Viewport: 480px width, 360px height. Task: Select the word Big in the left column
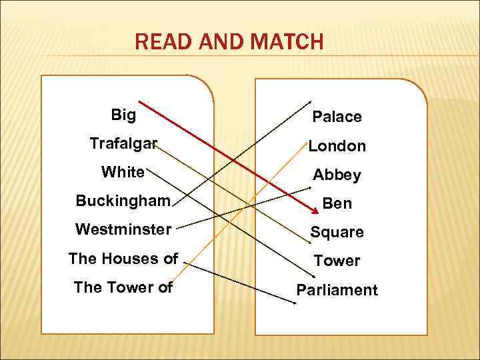click(x=123, y=115)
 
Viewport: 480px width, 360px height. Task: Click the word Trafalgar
click(x=123, y=143)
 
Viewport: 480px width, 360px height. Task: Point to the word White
click(x=123, y=172)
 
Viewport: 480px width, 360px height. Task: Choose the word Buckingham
click(x=123, y=201)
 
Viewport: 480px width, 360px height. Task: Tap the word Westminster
click(x=123, y=229)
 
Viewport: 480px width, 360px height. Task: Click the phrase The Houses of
click(x=123, y=259)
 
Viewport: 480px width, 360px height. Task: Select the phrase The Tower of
click(x=123, y=287)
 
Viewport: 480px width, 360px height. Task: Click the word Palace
click(x=337, y=117)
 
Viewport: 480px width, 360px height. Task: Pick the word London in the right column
click(x=337, y=145)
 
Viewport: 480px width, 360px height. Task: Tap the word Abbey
click(x=337, y=175)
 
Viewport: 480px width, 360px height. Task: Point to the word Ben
click(x=337, y=203)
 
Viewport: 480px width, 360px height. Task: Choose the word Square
click(x=337, y=232)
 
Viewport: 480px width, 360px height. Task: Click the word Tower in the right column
click(x=337, y=261)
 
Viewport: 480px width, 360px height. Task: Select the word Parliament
click(x=337, y=290)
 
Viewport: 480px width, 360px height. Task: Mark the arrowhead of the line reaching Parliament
click(x=295, y=304)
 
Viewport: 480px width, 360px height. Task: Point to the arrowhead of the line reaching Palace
click(x=309, y=101)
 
